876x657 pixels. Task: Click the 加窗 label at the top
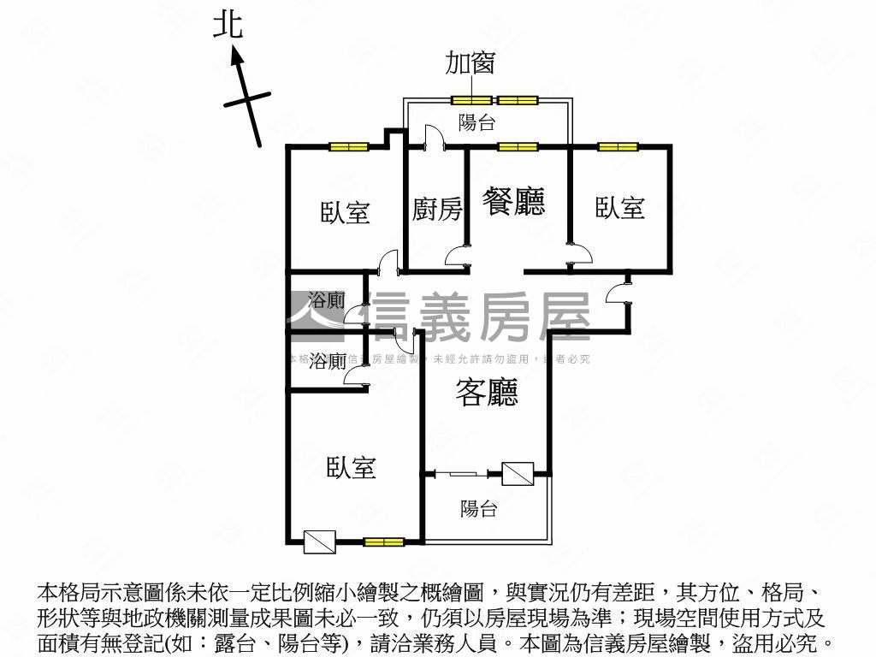click(x=470, y=62)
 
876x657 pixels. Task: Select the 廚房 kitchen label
click(x=436, y=209)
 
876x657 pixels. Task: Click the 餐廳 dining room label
click(x=513, y=202)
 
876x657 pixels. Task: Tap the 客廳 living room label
click(x=487, y=392)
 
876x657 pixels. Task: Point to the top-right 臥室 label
click(x=620, y=207)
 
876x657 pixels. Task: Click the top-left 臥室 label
click(x=346, y=212)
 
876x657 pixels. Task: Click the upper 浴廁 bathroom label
click(x=327, y=300)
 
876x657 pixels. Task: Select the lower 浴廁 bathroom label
click(x=328, y=361)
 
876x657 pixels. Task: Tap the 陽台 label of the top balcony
click(x=476, y=122)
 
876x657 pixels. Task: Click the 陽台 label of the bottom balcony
click(x=478, y=509)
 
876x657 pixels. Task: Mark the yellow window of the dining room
click(x=518, y=147)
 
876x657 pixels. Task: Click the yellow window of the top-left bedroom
click(x=348, y=147)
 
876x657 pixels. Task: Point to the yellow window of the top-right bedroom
click(x=618, y=147)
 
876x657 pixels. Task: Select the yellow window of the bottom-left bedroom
click(x=383, y=541)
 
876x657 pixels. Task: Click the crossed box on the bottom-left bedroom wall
click(x=320, y=541)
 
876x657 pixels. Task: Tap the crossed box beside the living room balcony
click(x=518, y=473)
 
